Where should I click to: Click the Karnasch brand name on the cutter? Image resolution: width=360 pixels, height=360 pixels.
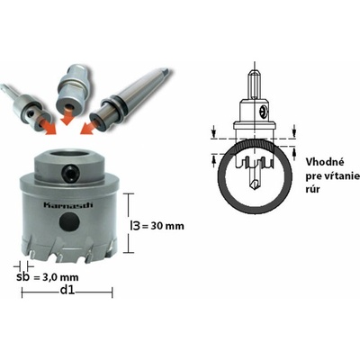[x=68, y=205]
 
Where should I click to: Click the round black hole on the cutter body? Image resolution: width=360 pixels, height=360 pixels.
[x=69, y=222]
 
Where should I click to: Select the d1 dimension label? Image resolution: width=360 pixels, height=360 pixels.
[x=67, y=290]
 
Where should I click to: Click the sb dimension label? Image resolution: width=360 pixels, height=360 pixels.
[x=22, y=276]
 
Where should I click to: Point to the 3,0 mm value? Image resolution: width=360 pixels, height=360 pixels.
[x=59, y=277]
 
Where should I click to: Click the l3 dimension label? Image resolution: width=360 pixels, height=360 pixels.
[x=135, y=226]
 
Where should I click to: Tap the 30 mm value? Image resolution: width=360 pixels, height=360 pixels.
[x=167, y=226]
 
